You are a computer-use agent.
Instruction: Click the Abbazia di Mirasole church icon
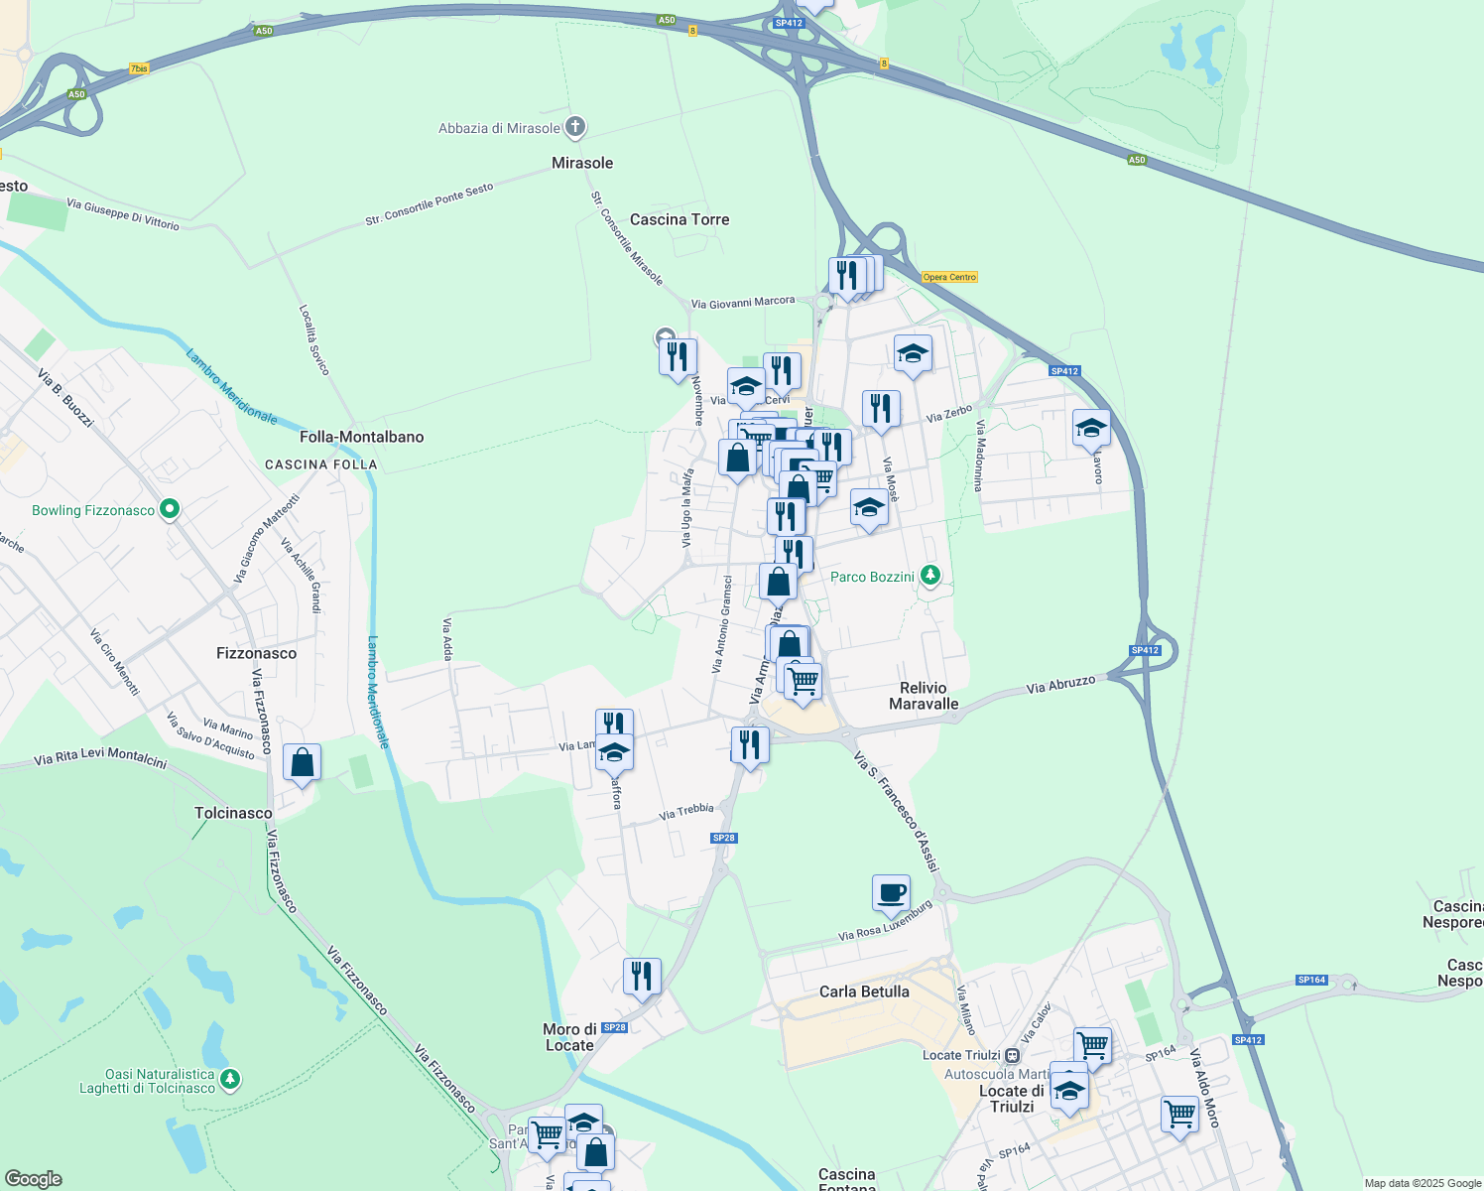[575, 127]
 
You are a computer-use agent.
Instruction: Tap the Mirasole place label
[582, 163]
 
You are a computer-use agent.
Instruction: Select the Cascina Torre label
[680, 219]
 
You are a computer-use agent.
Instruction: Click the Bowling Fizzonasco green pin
[170, 510]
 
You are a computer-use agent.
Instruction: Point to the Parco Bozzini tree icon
[929, 576]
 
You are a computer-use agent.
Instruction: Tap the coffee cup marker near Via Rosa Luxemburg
[891, 892]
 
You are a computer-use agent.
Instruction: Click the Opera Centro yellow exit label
[949, 277]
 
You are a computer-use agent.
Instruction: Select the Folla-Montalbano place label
[362, 437]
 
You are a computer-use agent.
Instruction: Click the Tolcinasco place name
[233, 813]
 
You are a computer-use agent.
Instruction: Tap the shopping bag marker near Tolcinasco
[302, 763]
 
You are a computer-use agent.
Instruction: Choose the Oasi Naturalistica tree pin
[230, 1079]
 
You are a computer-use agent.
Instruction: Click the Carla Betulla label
[864, 992]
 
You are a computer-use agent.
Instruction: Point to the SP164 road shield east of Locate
[1311, 980]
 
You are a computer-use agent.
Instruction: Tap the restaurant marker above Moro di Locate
[642, 977]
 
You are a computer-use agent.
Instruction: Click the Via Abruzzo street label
[1060, 685]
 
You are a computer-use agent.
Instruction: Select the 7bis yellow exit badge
[139, 69]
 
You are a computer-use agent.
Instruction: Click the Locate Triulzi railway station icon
[1012, 1055]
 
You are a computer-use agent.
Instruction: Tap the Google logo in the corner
[34, 1179]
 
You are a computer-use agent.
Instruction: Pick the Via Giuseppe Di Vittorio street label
[123, 214]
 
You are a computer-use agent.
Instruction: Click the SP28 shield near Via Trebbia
[724, 838]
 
